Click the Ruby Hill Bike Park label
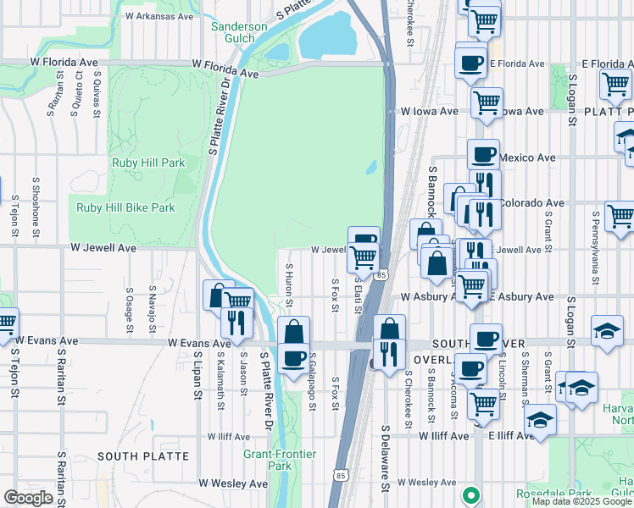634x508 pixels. (125, 207)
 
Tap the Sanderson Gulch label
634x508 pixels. (239, 33)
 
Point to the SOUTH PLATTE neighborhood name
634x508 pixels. (142, 456)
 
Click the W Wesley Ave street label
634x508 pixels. (232, 483)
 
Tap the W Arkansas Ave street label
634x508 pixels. (160, 15)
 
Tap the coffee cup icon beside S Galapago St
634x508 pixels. (293, 358)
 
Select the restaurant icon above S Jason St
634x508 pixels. (236, 322)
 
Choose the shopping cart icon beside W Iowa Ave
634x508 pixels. (486, 102)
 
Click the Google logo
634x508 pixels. (28, 498)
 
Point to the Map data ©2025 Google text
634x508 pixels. (581, 501)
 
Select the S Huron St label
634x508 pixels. (289, 284)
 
